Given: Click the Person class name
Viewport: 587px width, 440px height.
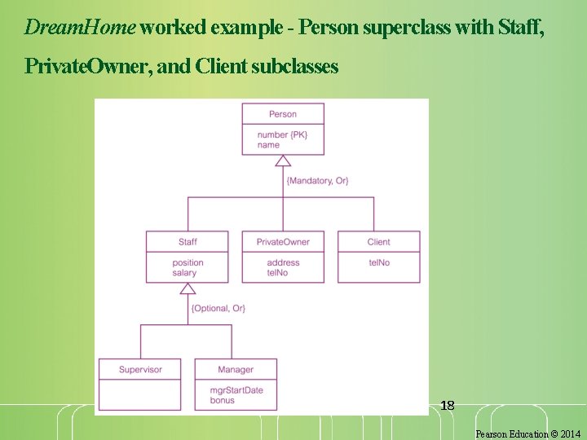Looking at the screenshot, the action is pos(283,114).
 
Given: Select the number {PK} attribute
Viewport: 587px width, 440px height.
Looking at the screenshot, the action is pos(283,134).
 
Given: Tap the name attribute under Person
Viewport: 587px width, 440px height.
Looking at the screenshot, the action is pos(268,145).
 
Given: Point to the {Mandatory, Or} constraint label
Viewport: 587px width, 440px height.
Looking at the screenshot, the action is pos(318,180).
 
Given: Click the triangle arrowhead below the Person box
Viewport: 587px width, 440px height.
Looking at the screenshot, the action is pos(283,161).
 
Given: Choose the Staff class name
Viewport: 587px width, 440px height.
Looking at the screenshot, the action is pos(188,242).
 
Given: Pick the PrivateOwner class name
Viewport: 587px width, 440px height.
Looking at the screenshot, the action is pos(283,242).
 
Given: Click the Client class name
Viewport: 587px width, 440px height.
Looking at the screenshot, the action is pos(378,242).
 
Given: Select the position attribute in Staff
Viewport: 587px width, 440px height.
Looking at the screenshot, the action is pos(188,262).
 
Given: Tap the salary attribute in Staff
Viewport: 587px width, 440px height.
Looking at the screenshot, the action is pos(184,273).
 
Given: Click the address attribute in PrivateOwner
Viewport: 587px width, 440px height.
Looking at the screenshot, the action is pos(283,262).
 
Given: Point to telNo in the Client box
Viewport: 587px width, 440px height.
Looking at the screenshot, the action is pos(378,262).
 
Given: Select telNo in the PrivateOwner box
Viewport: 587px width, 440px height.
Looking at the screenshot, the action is pos(277,273).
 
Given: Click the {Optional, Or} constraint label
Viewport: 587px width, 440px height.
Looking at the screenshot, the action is pos(218,308).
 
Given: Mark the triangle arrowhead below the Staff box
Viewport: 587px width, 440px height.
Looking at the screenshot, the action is pos(188,288).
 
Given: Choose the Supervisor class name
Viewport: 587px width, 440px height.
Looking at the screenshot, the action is pos(140,369).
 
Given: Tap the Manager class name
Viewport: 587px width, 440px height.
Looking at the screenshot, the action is pos(236,369).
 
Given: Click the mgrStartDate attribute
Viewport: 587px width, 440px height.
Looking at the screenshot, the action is pos(236,390).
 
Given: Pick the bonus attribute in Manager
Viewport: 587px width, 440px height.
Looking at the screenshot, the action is pos(222,400).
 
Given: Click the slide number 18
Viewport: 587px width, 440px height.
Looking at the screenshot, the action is pos(447,405).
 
